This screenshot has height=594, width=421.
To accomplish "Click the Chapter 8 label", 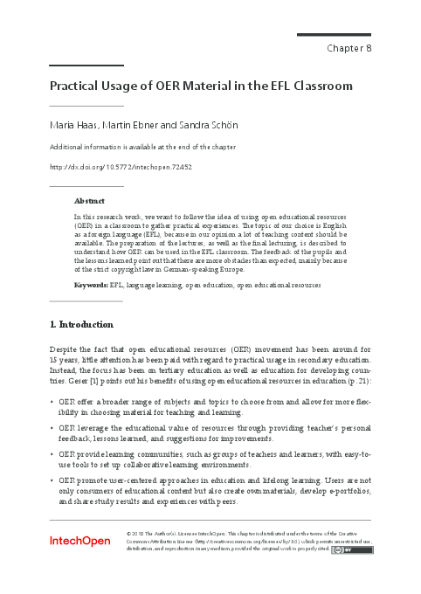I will coord(349,48).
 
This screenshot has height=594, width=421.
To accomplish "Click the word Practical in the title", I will coord(77,86).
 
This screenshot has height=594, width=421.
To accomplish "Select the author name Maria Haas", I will coord(72,127).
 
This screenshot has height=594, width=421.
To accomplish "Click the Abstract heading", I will coord(90,200).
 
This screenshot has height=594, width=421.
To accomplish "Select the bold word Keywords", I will coord(91,285).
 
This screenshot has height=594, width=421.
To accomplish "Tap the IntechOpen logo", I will coord(81,542).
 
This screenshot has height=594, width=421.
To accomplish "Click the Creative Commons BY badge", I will coord(346,549).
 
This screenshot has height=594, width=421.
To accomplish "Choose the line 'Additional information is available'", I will coord(141,147).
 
